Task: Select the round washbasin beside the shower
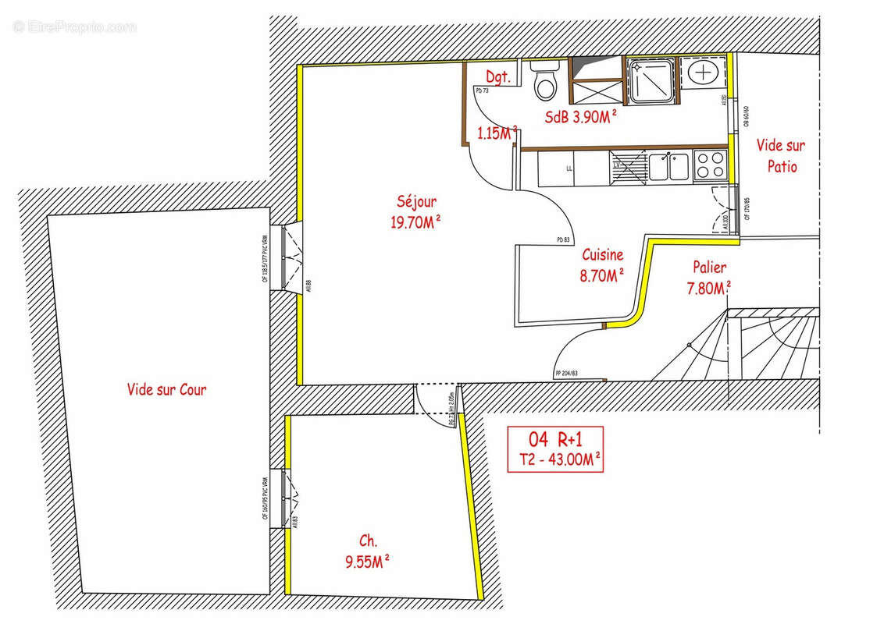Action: point(704,73)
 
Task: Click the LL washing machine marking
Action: point(569,168)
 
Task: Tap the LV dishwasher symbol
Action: point(618,165)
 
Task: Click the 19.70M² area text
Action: point(415,222)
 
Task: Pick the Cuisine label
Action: point(602,254)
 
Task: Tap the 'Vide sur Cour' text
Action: point(166,389)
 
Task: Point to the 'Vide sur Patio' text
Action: point(781,155)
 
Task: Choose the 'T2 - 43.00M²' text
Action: point(554,459)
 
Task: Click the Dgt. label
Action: point(498,77)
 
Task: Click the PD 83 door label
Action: point(563,240)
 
